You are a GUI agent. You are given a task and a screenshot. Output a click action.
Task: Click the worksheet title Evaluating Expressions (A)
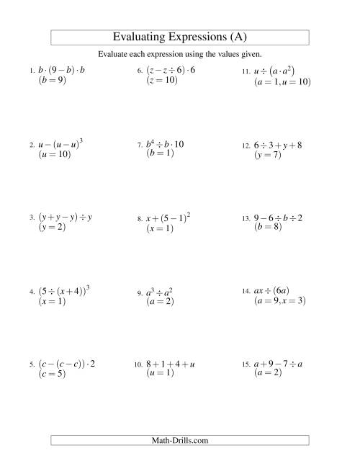[x=180, y=37]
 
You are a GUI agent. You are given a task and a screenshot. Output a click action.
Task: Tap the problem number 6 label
[x=140, y=71]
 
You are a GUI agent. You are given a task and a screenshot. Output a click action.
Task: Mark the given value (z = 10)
[x=162, y=81]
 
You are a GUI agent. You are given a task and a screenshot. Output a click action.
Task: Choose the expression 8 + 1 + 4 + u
[x=171, y=364]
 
